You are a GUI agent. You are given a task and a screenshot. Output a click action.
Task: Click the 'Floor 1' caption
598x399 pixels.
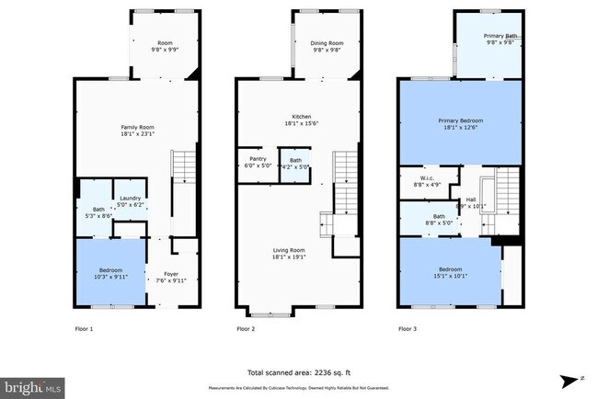[83, 328]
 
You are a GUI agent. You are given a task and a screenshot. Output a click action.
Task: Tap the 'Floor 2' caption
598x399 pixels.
[246, 328]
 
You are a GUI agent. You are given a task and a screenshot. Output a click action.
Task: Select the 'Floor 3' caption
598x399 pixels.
[407, 328]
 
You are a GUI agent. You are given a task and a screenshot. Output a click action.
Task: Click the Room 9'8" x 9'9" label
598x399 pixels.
[166, 46]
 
